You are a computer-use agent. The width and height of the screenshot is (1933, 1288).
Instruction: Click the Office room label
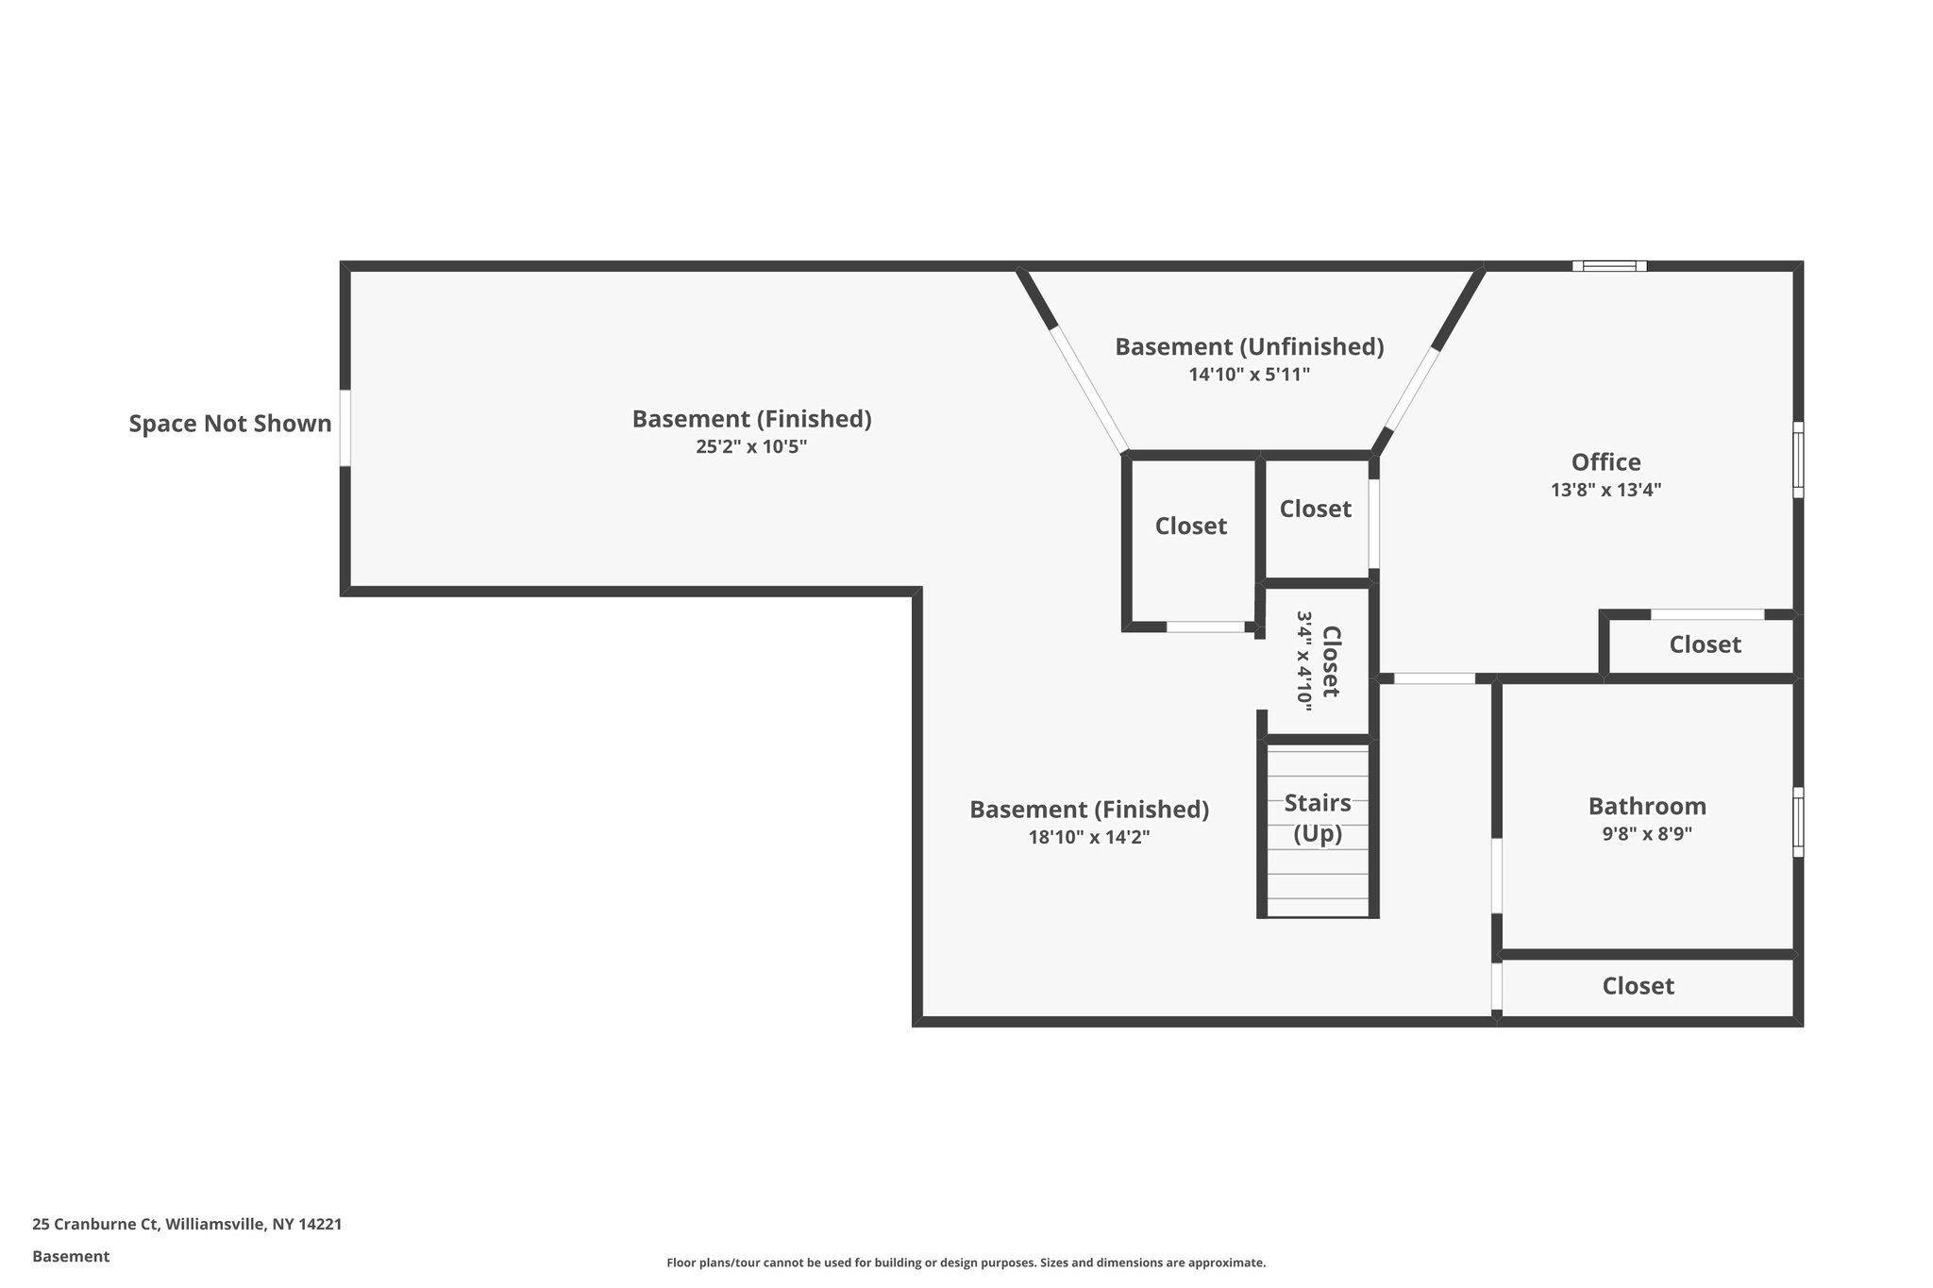pyautogui.click(x=1605, y=462)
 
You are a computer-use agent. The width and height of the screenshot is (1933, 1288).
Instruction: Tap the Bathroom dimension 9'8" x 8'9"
pyautogui.click(x=1647, y=834)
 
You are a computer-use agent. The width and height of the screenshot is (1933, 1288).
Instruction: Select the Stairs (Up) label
pyautogui.click(x=1318, y=818)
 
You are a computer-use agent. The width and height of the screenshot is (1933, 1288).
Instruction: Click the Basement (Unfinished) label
pyautogui.click(x=1249, y=346)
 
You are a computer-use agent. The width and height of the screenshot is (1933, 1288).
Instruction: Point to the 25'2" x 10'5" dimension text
pyautogui.click(x=751, y=446)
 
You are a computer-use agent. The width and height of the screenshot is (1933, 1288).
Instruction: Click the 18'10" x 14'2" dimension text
pyautogui.click(x=1089, y=837)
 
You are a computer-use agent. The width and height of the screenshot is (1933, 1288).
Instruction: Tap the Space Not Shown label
pyautogui.click(x=230, y=424)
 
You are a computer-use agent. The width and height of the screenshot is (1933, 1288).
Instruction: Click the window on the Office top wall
pyautogui.click(x=1609, y=266)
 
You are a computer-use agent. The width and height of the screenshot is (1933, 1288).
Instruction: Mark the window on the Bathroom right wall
pyautogui.click(x=1798, y=822)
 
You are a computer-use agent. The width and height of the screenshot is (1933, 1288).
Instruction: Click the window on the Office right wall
pyautogui.click(x=1798, y=460)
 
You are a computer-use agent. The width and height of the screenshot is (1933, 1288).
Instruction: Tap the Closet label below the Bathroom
pyautogui.click(x=1638, y=986)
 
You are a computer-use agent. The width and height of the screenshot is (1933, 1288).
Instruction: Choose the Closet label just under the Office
pyautogui.click(x=1705, y=644)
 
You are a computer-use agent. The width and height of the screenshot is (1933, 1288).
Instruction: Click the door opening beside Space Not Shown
pyautogui.click(x=345, y=427)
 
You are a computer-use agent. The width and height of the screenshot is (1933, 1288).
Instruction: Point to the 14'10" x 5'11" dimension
pyautogui.click(x=1249, y=375)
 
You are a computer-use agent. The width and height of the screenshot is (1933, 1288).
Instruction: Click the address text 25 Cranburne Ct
pyautogui.click(x=187, y=1225)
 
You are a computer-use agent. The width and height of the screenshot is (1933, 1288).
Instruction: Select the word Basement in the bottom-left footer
pyautogui.click(x=71, y=1257)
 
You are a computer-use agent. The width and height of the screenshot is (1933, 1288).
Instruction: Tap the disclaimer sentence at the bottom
pyautogui.click(x=966, y=1263)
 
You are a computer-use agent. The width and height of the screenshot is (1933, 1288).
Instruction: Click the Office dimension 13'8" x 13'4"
pyautogui.click(x=1605, y=491)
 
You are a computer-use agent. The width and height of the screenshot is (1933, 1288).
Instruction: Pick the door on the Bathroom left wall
pyautogui.click(x=1497, y=875)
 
